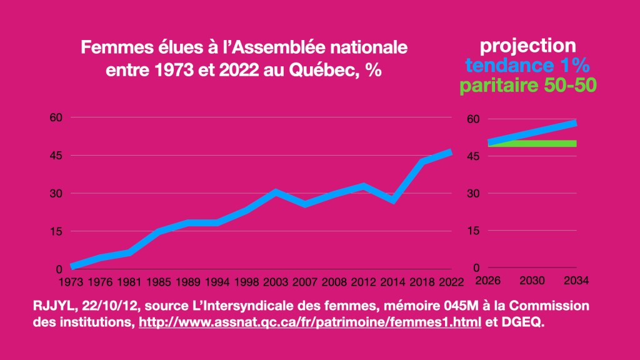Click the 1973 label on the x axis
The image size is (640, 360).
tap(71, 282)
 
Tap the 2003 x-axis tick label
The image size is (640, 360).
tap(276, 282)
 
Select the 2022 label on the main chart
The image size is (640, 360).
tap(451, 282)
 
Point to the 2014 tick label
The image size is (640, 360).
tap(392, 282)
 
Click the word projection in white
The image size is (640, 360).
tap(527, 46)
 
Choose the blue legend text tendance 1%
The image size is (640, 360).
tap(528, 66)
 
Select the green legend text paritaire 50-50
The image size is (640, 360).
tap(528, 85)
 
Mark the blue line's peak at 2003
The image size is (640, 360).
tap(276, 192)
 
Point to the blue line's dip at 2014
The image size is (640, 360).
tap(392, 201)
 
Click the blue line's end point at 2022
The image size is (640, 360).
tap(450, 152)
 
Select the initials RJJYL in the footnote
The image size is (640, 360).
tap(52, 306)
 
